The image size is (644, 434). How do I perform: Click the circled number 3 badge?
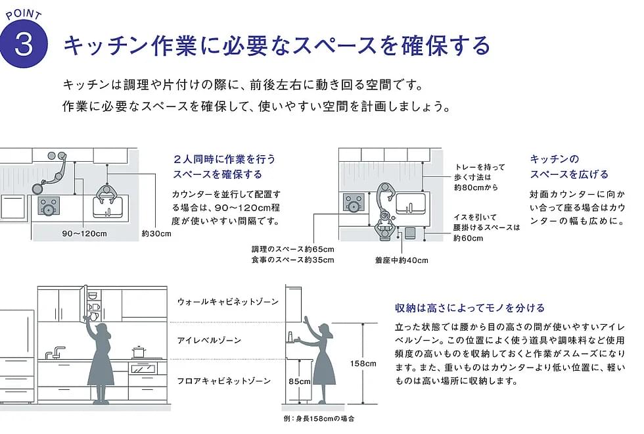pyautogui.click(x=24, y=44)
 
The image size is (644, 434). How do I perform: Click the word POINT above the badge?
pyautogui.click(x=24, y=14)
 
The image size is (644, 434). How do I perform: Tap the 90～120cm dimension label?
pyautogui.click(x=84, y=233)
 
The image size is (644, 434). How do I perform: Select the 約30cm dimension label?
pyautogui.click(x=156, y=233)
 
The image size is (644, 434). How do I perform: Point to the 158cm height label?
pyautogui.click(x=363, y=363)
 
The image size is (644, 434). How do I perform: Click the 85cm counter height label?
pyautogui.click(x=300, y=381)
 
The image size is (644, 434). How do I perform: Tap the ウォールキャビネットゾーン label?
pyautogui.click(x=228, y=302)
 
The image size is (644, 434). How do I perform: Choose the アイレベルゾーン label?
pyautogui.click(x=209, y=340)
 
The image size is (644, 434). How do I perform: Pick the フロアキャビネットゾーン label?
pyautogui.click(x=224, y=381)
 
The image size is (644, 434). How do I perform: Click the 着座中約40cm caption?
pyautogui.click(x=402, y=260)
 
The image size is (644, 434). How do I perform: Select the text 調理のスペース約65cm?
pyautogui.click(x=293, y=249)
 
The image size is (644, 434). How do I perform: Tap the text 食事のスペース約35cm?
pyautogui.click(x=293, y=260)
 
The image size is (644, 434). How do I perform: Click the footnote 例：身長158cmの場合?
pyautogui.click(x=319, y=418)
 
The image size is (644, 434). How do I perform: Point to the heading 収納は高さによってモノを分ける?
pyautogui.click(x=470, y=308)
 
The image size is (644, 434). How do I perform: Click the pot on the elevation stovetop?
pyautogui.click(x=139, y=352)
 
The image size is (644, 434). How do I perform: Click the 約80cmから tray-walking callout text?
pyautogui.click(x=476, y=187)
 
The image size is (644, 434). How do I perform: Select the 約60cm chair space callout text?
pyautogui.click(x=468, y=238)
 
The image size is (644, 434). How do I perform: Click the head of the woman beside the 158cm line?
pyautogui.click(x=327, y=330)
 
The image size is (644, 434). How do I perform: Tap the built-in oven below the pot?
pyautogui.click(x=144, y=368)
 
